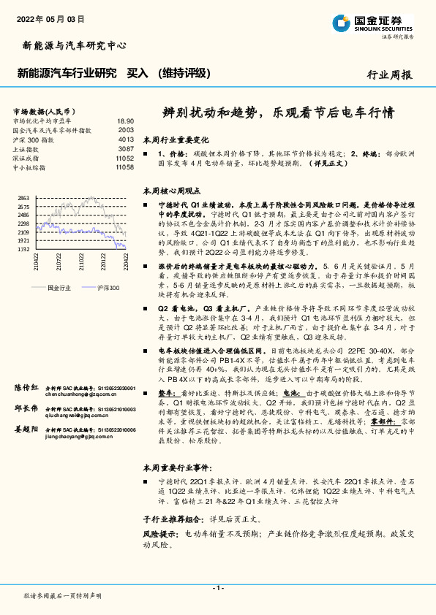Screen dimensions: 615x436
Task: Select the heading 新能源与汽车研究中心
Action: pos(70,45)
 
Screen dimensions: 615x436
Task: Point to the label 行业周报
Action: pos(389,75)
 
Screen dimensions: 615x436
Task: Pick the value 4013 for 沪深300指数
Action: pos(126,139)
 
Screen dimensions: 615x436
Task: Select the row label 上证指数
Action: pos(29,148)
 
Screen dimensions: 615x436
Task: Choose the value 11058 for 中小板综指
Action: pos(124,167)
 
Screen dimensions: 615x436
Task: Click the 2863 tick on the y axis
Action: pos(23,199)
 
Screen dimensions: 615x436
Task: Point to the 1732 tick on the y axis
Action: pos(23,248)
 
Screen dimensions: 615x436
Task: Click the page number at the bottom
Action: pos(217,587)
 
